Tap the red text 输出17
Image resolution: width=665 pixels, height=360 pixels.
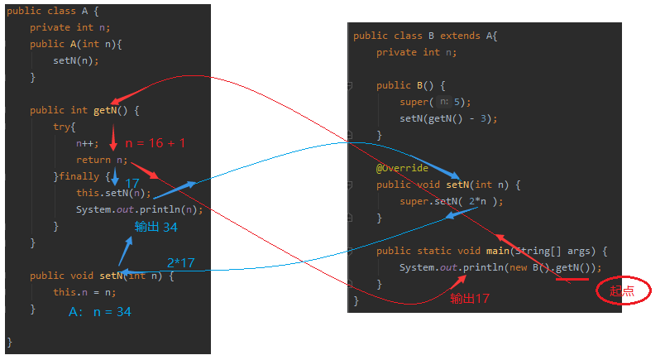470,299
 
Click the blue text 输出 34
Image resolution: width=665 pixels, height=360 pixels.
157,227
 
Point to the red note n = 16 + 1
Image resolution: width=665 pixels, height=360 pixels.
155,143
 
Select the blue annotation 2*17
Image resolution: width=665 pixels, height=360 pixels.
181,262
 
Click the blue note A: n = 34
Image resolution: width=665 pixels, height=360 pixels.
100,312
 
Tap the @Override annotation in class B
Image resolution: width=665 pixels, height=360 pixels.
402,168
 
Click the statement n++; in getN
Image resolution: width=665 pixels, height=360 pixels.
87,143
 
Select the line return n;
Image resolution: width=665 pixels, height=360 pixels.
102,160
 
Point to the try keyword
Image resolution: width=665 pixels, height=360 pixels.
65,127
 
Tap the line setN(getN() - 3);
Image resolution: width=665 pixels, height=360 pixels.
448,118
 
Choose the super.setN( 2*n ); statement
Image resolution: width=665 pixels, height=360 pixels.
451,201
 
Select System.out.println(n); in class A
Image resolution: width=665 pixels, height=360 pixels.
139,209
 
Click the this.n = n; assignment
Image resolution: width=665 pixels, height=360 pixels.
84,292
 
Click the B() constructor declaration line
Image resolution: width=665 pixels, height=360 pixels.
410,85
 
